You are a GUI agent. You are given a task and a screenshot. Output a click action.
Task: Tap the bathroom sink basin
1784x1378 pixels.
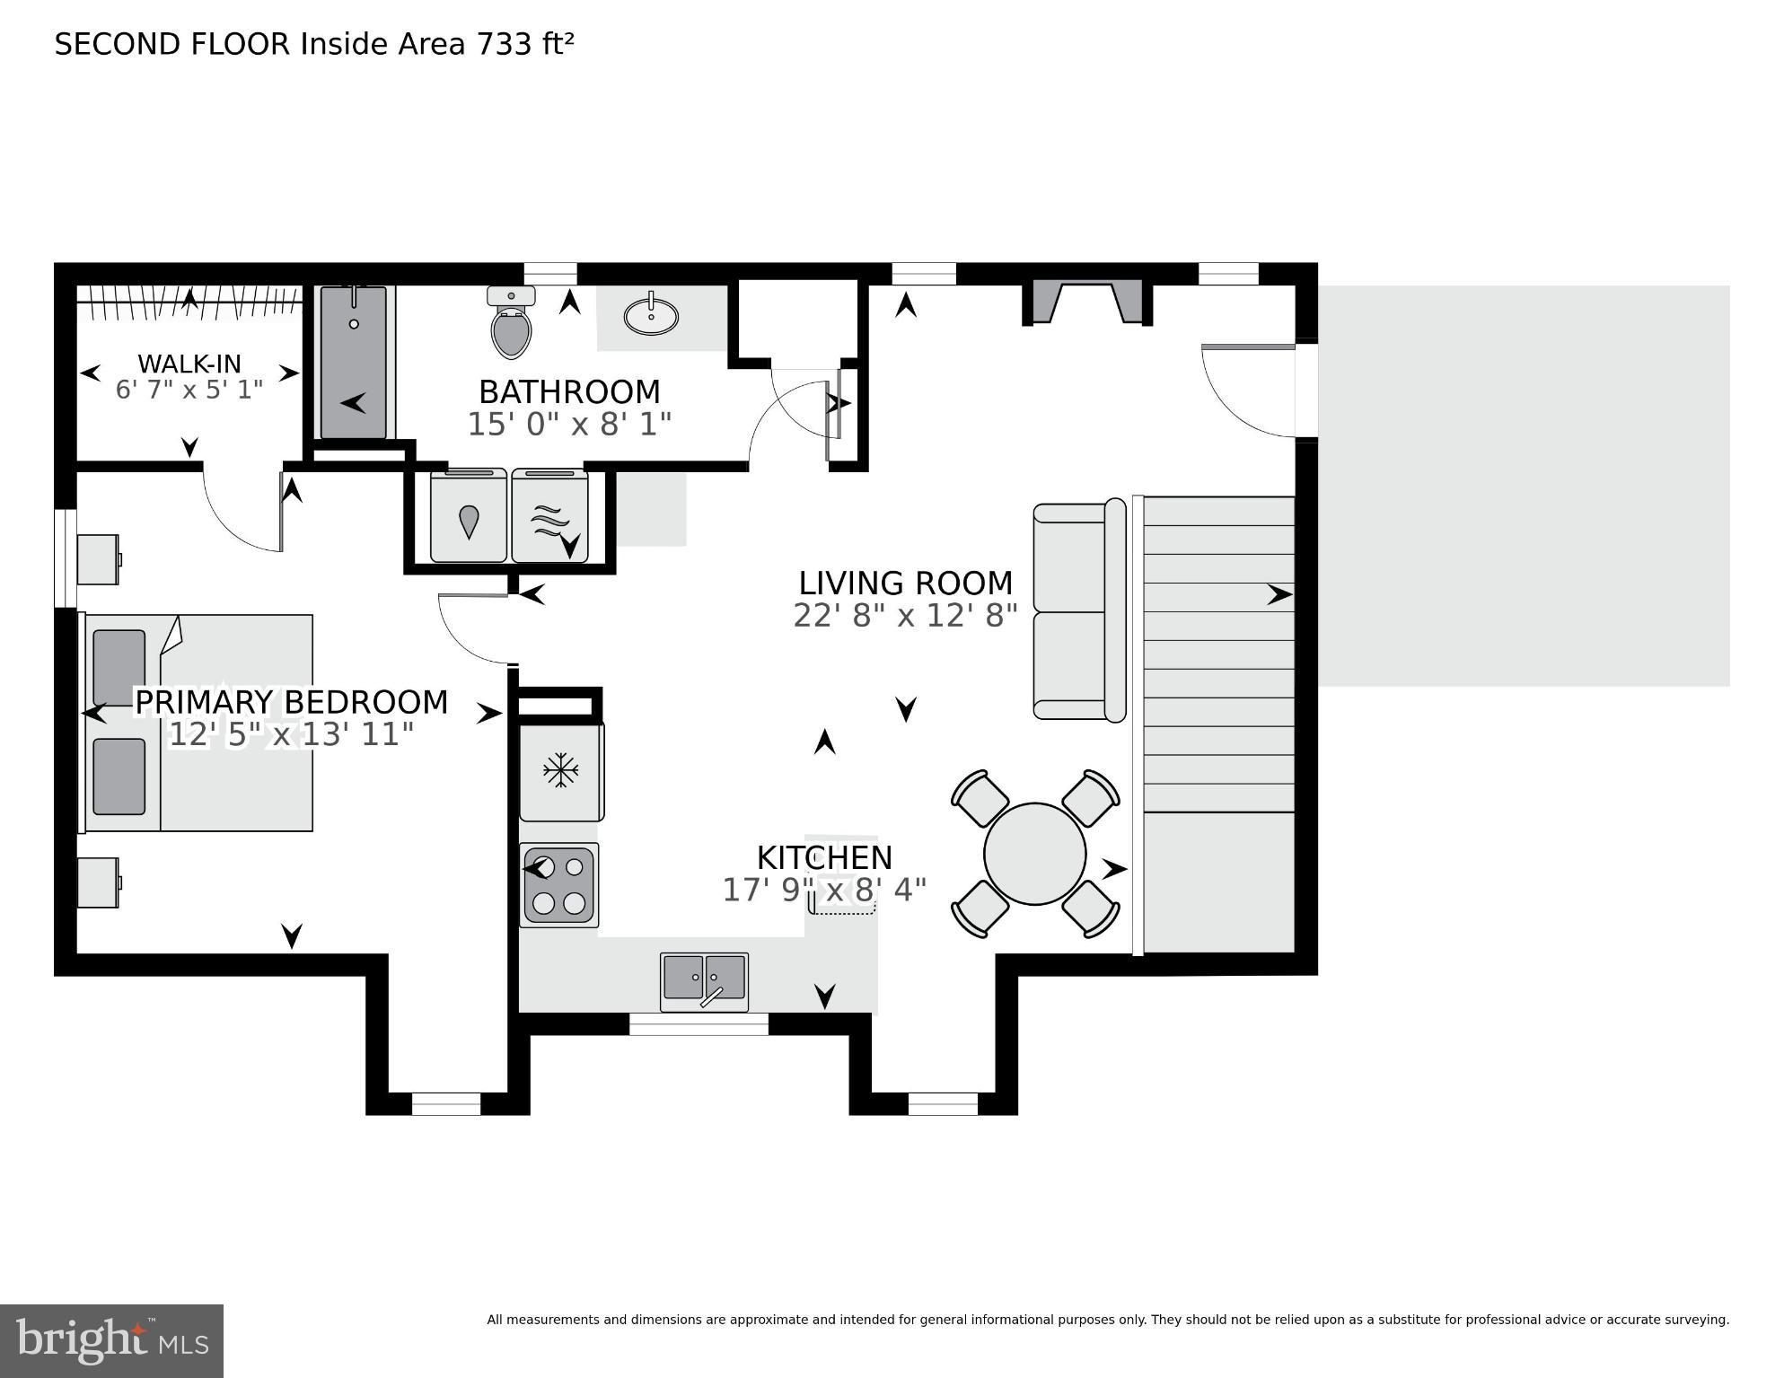click(651, 316)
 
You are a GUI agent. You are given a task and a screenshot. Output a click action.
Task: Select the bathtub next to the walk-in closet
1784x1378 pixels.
click(354, 364)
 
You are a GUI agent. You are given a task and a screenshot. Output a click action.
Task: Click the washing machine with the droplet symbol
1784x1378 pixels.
click(469, 517)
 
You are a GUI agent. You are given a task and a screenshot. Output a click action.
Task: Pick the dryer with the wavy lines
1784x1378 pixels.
click(549, 517)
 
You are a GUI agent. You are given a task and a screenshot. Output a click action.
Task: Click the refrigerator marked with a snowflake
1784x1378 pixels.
click(561, 770)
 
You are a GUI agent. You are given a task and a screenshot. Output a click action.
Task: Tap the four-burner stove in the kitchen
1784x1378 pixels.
click(558, 884)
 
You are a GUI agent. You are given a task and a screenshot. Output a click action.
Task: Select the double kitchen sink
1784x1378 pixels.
click(704, 980)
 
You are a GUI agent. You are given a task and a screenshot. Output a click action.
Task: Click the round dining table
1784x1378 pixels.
click(1034, 854)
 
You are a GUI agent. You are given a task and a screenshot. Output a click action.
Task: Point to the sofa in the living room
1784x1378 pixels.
click(1077, 610)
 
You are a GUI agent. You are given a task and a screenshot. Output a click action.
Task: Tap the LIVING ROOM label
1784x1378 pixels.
click(905, 584)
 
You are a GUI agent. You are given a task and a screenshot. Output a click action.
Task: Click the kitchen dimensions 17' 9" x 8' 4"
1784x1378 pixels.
click(824, 891)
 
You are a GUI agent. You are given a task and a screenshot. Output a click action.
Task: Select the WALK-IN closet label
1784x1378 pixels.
click(189, 364)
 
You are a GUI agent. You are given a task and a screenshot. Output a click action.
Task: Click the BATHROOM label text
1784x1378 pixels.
click(569, 392)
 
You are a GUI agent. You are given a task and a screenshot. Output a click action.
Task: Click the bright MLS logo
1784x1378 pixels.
click(111, 1340)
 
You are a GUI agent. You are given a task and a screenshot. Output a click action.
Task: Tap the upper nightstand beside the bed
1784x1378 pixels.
click(98, 559)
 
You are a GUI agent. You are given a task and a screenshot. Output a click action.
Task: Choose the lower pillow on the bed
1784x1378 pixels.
click(119, 777)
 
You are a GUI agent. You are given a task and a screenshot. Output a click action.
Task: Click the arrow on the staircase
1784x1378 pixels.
click(1279, 594)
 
